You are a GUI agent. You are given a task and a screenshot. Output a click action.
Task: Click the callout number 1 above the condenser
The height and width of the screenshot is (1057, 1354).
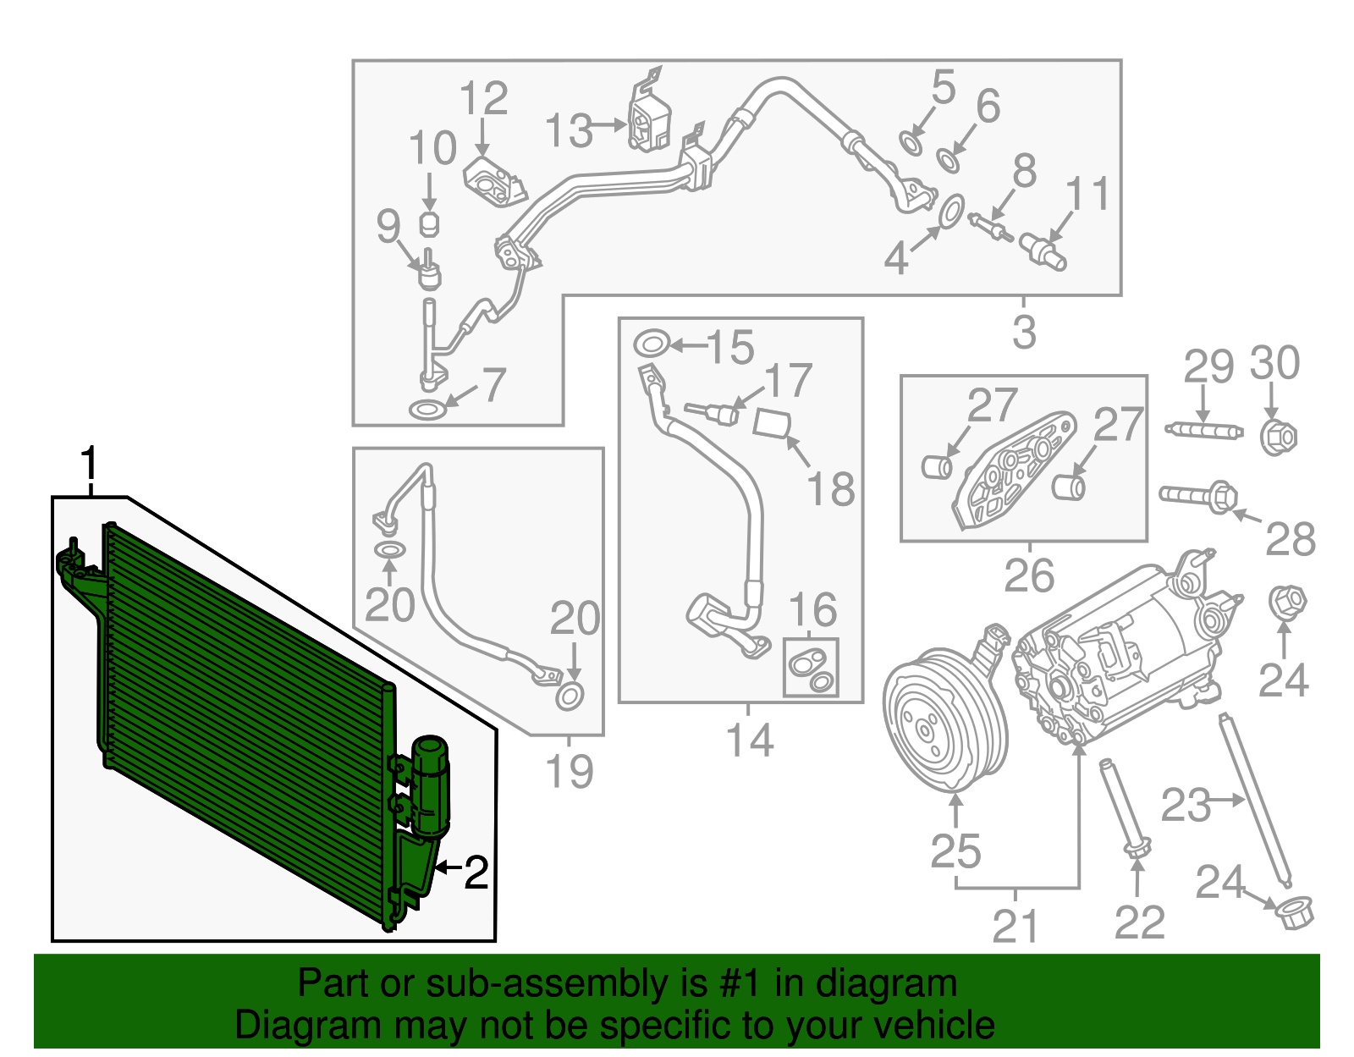[88, 465]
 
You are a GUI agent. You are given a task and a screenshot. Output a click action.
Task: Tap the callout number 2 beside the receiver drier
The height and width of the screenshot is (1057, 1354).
[476, 872]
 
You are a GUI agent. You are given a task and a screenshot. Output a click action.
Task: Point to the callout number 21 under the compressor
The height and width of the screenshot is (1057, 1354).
[1015, 927]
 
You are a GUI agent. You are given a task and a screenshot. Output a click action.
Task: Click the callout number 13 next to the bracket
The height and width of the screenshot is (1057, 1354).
[568, 132]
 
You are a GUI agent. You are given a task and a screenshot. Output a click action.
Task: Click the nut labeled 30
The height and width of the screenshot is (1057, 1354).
[1277, 437]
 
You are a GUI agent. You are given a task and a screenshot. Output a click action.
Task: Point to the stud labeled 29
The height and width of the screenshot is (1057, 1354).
[1203, 430]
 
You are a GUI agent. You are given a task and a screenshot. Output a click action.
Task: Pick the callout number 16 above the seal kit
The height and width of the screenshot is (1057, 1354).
[812, 610]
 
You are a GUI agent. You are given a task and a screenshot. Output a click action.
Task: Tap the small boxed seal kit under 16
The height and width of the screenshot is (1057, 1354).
[811, 667]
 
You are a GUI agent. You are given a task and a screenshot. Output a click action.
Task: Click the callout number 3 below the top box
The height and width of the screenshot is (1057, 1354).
[1024, 332]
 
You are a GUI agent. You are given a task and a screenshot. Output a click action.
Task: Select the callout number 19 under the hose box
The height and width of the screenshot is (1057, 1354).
[569, 771]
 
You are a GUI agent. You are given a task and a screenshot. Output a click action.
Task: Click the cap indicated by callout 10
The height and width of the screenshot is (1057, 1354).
[430, 223]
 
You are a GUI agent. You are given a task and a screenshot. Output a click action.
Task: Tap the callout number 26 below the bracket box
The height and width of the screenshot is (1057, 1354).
[1029, 575]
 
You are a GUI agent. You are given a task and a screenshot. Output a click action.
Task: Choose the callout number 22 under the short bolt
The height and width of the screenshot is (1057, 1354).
[1139, 922]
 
